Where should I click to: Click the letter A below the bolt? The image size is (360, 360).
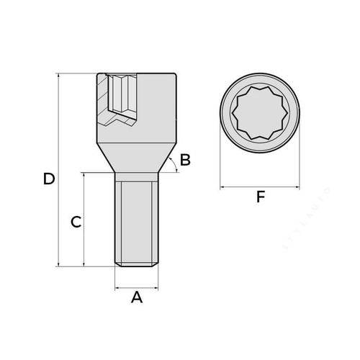point(136,297)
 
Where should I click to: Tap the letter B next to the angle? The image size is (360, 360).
point(185,160)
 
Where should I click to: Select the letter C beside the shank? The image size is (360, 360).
point(75,222)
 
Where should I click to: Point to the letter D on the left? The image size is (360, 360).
point(48,179)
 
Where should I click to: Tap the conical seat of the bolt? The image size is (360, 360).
point(135,158)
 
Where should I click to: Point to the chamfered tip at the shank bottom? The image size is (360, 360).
point(135,265)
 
